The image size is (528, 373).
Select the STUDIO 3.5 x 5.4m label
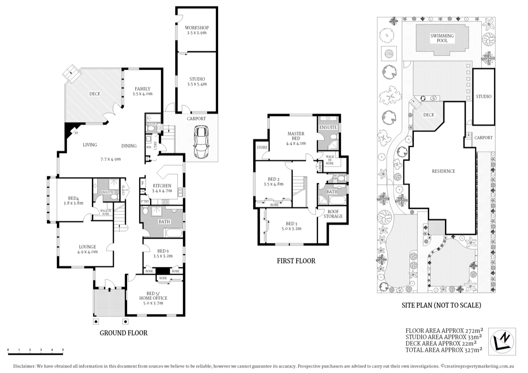click(197, 81)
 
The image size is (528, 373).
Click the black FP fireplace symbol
click(70, 130)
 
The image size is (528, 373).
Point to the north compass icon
click(502, 341)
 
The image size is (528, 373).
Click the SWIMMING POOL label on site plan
click(442, 38)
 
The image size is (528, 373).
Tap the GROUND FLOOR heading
click(123, 333)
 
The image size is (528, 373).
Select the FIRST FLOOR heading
click(296, 261)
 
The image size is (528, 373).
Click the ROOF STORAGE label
click(332, 214)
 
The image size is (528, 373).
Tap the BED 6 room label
click(163, 253)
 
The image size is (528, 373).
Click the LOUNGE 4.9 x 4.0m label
click(87, 249)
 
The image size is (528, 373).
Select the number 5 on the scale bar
click(63, 350)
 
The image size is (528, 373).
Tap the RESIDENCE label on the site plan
click(443, 171)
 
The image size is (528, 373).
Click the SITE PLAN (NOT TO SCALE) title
click(441, 306)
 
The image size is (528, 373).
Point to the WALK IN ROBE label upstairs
click(330, 159)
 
